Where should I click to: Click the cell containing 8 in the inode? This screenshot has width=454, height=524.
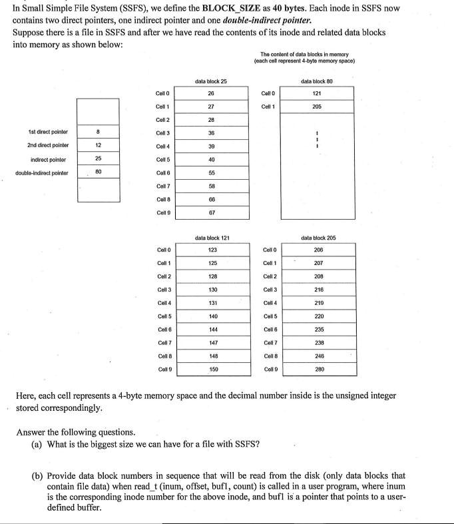click(98, 131)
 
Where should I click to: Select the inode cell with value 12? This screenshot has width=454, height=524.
click(98, 144)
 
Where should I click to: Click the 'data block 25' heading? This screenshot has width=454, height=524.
click(210, 81)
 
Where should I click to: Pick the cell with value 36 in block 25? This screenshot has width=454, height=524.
click(211, 132)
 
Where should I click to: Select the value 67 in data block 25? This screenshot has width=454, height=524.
click(211, 212)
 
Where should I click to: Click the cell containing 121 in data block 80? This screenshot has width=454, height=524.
click(317, 93)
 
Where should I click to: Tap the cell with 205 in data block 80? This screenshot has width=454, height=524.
click(317, 107)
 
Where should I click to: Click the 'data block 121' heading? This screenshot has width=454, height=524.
click(212, 237)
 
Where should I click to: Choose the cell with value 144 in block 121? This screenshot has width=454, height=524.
click(212, 330)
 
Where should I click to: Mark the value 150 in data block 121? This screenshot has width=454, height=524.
click(212, 369)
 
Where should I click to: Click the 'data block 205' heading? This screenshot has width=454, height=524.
click(318, 237)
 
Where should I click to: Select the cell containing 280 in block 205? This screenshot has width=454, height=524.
click(318, 369)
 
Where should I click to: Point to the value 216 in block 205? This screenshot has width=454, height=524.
click(318, 290)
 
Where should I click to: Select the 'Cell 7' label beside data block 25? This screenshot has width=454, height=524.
click(162, 186)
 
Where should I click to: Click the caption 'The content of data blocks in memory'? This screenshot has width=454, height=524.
click(304, 54)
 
